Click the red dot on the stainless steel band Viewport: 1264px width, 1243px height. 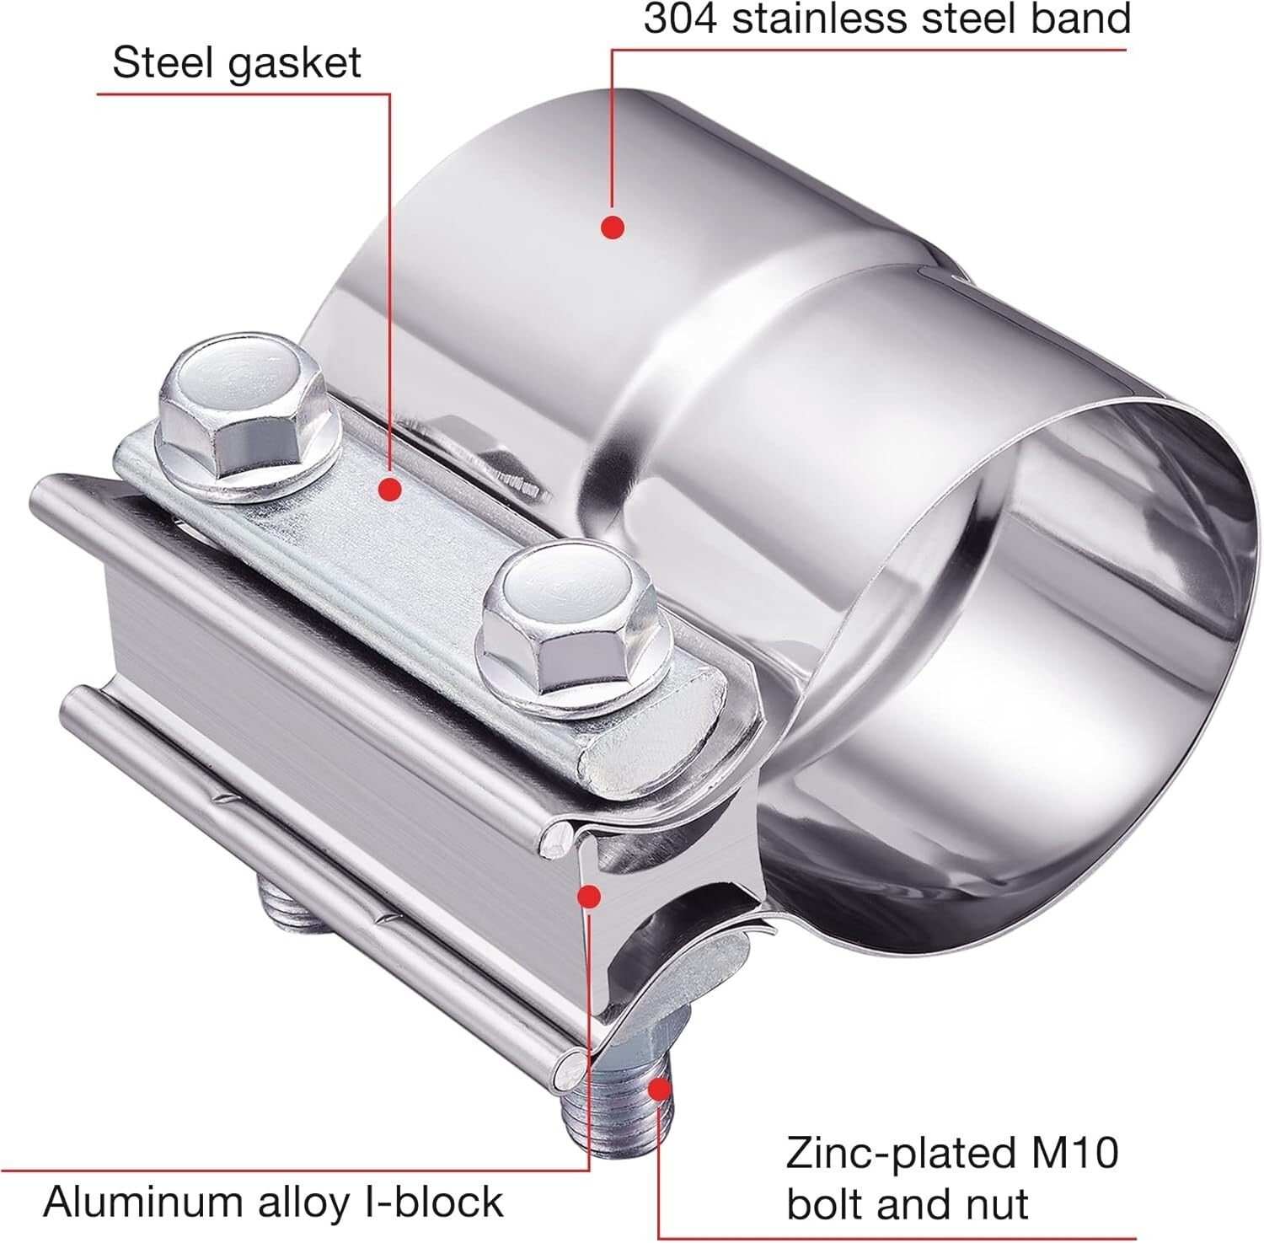[613, 226]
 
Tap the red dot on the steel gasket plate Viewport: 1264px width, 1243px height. [388, 488]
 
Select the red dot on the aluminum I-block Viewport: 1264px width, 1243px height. [589, 896]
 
